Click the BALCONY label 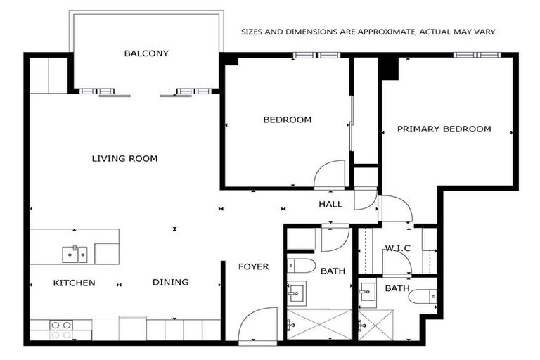pyautogui.click(x=146, y=53)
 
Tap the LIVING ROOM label pyautogui.click(x=124, y=159)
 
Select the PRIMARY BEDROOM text pyautogui.click(x=444, y=129)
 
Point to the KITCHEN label pyautogui.click(x=75, y=283)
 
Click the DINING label pyautogui.click(x=171, y=283)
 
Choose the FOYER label pyautogui.click(x=253, y=266)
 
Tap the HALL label pyautogui.click(x=330, y=205)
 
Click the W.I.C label pyautogui.click(x=397, y=247)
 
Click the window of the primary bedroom pyautogui.click(x=476, y=55)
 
